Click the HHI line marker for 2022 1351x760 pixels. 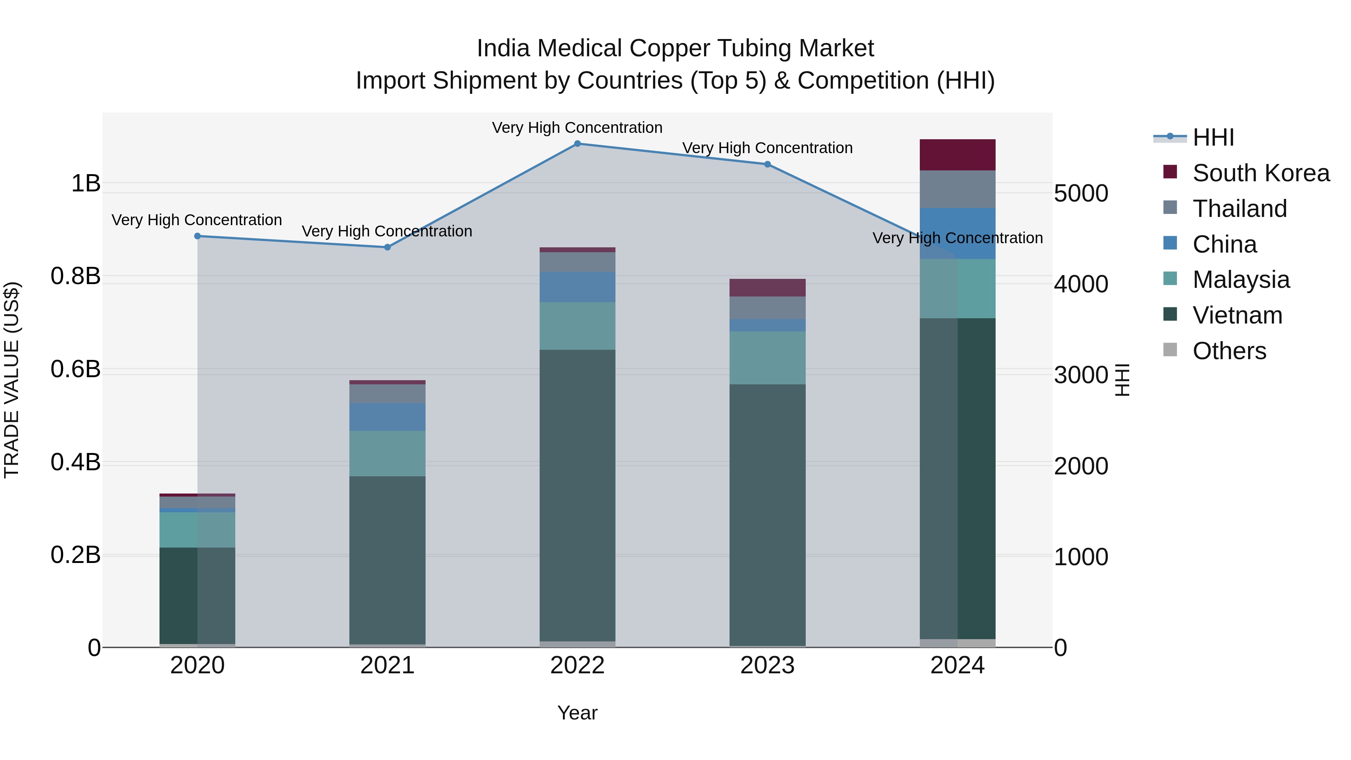coord(578,143)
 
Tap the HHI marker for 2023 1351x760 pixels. coord(767,164)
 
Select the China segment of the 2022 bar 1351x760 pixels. coord(578,287)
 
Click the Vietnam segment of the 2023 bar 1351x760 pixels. coord(767,514)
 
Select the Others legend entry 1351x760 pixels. coord(1229,351)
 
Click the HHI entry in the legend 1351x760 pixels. coord(1213,137)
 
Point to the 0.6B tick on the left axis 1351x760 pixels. coord(75,369)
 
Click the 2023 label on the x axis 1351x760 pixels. coord(767,665)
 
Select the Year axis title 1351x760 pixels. coord(578,713)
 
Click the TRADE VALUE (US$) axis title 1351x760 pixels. coord(12,380)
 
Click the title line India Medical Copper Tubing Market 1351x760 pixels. coord(675,48)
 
